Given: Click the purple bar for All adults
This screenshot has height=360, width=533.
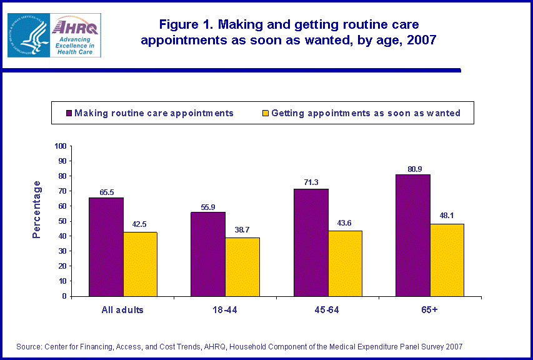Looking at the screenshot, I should [106, 247].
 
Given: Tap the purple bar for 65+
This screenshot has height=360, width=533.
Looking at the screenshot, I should [412, 235].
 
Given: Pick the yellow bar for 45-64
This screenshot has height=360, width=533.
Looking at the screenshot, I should [344, 263].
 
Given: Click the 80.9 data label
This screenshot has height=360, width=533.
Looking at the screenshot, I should [412, 168].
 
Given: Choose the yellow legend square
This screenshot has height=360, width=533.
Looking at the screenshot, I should [265, 114].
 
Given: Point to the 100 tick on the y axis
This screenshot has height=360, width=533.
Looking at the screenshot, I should [61, 146].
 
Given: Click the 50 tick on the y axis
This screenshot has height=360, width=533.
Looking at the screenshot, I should [62, 221].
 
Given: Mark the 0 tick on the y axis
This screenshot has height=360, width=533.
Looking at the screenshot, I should [64, 296].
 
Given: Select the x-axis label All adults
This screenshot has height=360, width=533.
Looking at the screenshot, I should [123, 309].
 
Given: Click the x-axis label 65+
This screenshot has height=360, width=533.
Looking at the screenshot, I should [430, 309].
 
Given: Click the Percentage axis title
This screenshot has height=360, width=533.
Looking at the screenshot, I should [37, 209].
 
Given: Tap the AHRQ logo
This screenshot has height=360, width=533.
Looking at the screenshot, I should [75, 36].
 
